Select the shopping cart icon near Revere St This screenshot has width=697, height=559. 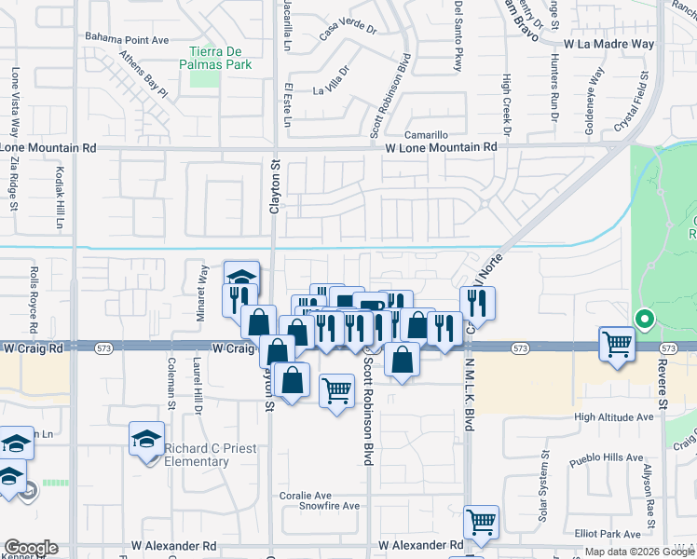coord(617,344)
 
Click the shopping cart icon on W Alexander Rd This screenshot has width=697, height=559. coord(481,523)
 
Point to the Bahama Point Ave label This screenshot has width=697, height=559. coord(127,40)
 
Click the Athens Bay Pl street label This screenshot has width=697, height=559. coord(143,74)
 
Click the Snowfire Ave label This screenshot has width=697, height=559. coord(329,506)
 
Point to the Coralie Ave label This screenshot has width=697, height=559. coord(306,495)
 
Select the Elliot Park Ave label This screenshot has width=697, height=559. coord(608,534)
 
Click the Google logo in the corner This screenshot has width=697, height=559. coord(30,548)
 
